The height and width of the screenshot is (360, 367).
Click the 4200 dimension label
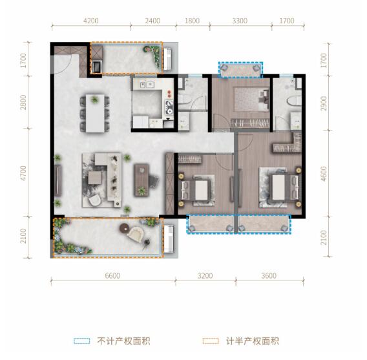click(90, 21)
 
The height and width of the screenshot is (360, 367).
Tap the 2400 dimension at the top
click(152, 21)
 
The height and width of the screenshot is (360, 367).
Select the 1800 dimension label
click(192, 21)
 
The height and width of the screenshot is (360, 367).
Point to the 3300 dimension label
click(240, 21)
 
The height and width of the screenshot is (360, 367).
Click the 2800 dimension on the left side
click(23, 101)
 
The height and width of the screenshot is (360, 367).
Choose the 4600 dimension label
click(324, 175)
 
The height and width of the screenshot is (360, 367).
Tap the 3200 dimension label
click(205, 276)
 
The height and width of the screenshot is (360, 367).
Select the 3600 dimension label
click(268, 276)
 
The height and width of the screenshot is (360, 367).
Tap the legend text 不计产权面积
click(123, 341)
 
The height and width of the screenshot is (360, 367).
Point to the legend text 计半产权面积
click(253, 341)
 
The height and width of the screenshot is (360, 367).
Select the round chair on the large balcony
click(137, 234)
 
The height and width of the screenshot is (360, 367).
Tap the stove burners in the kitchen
click(169, 104)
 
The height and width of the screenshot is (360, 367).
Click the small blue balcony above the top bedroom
click(241, 69)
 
